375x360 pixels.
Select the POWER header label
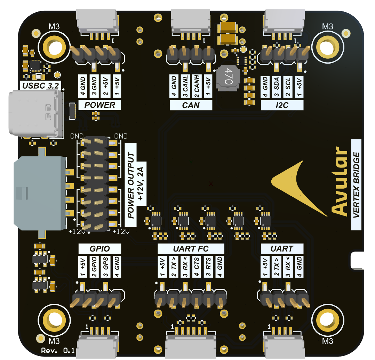100,105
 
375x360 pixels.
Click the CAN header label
191,105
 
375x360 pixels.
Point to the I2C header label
282,105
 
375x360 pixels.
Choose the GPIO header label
100,248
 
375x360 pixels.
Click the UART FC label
191,248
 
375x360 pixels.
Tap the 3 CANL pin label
185,87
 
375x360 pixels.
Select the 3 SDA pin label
277,87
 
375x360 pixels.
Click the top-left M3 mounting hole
53,47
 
